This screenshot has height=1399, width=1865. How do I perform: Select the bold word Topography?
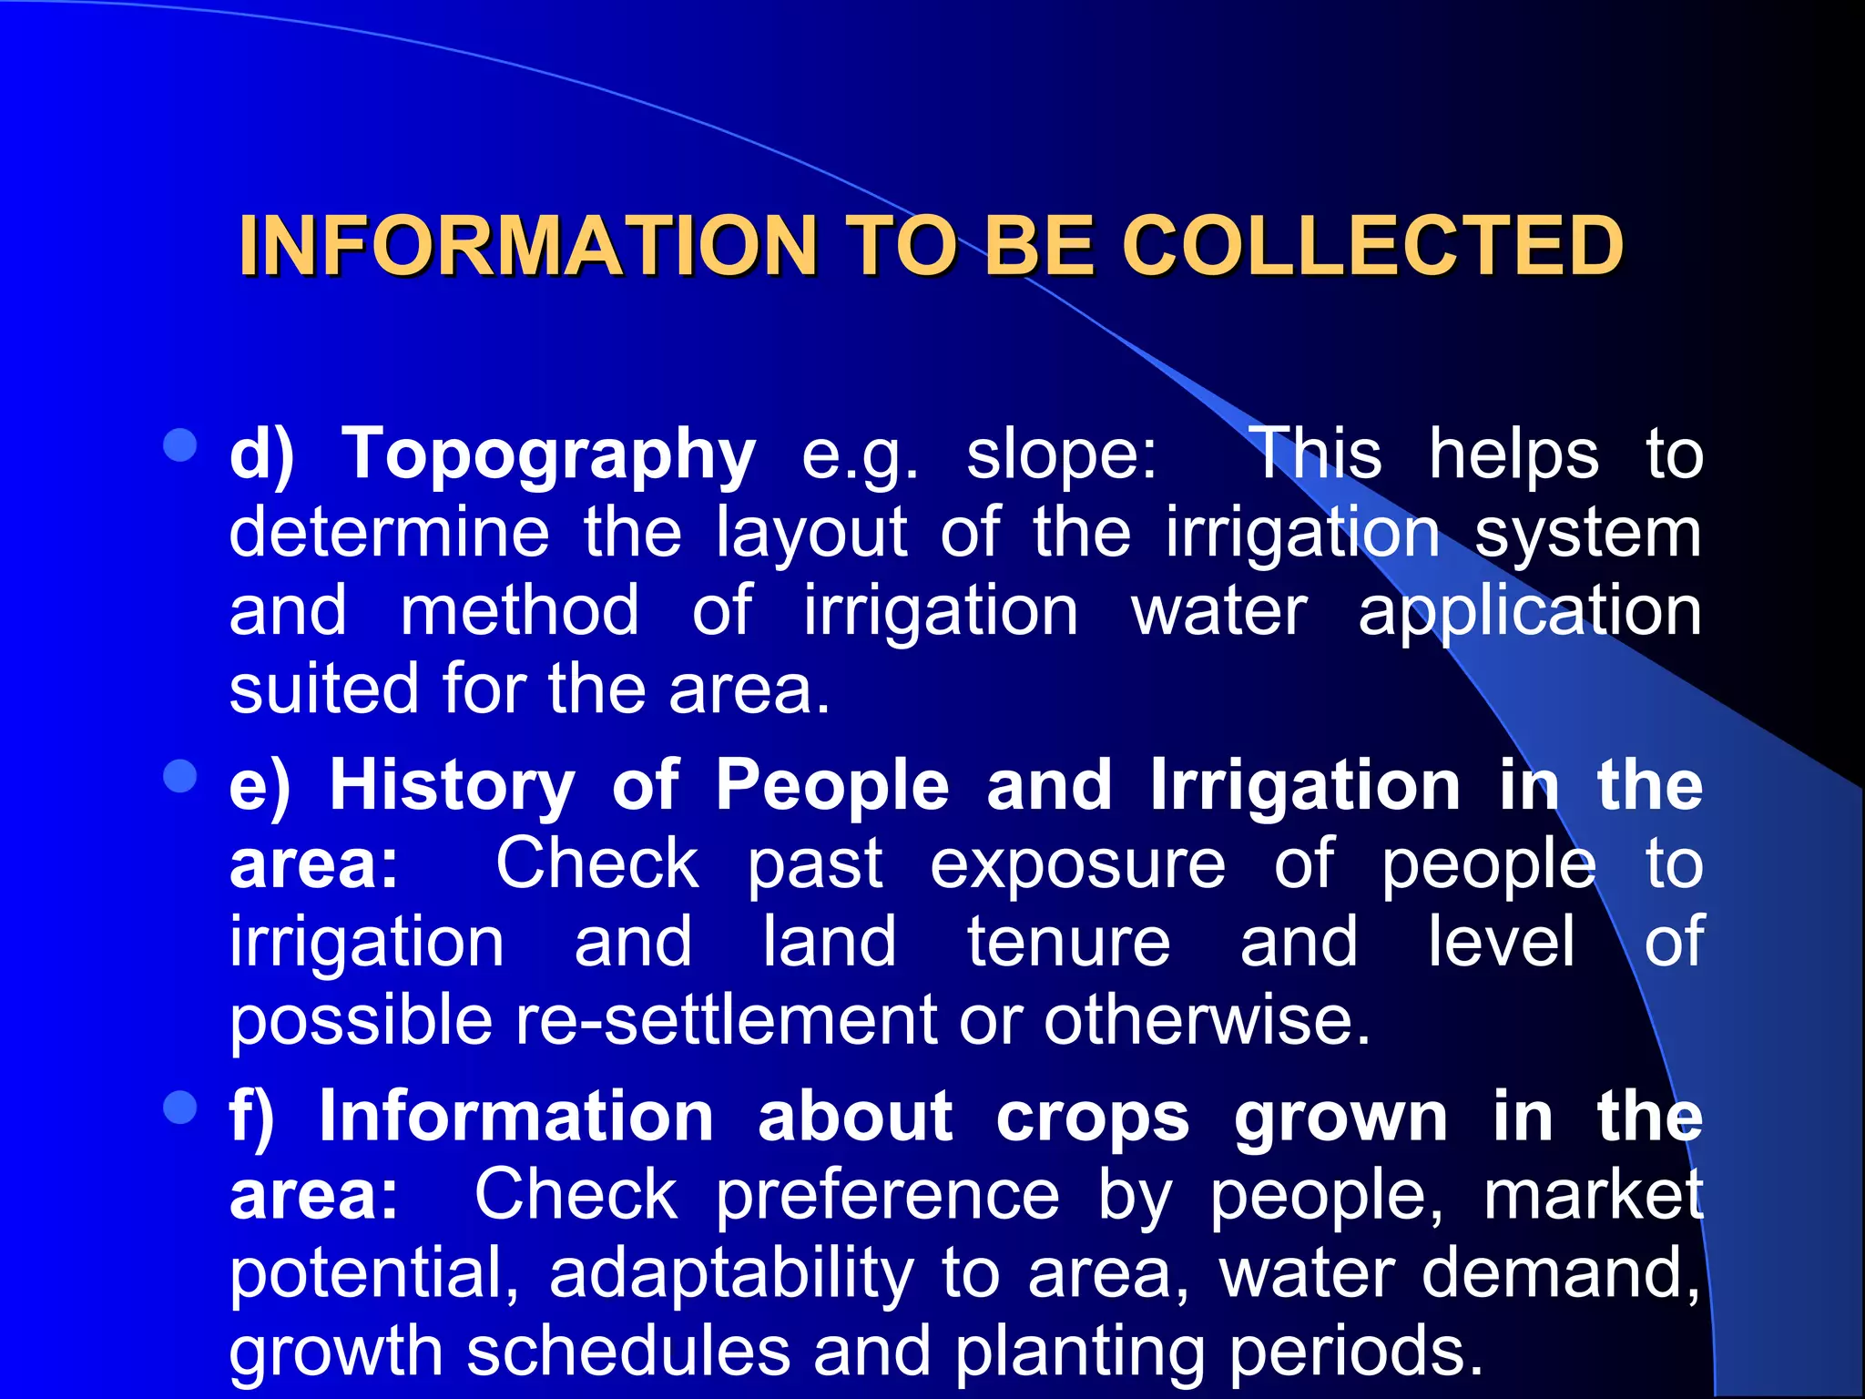coord(548,454)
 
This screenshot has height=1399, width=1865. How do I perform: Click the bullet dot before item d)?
coord(180,445)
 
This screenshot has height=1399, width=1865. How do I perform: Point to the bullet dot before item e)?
coord(180,777)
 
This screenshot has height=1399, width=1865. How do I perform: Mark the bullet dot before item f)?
coord(180,1108)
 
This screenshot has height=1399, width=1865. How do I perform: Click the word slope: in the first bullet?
coord(1062,454)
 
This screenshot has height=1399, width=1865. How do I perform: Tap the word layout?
coord(810,533)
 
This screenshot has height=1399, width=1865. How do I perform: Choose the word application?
coord(1530,611)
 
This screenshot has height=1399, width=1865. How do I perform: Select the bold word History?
coord(452,785)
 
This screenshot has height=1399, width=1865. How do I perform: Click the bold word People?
coord(831,785)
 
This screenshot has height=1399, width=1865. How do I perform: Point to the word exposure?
coord(1077,864)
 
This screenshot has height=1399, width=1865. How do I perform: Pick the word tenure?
coord(1068,942)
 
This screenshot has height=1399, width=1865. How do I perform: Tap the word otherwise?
coord(1207,1020)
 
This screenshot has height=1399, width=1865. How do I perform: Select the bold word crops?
coord(1092,1117)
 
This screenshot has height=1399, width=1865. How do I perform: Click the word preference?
coord(887,1195)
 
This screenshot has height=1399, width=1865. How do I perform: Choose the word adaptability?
coord(731,1273)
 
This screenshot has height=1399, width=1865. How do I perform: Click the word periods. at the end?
coord(1356,1351)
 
